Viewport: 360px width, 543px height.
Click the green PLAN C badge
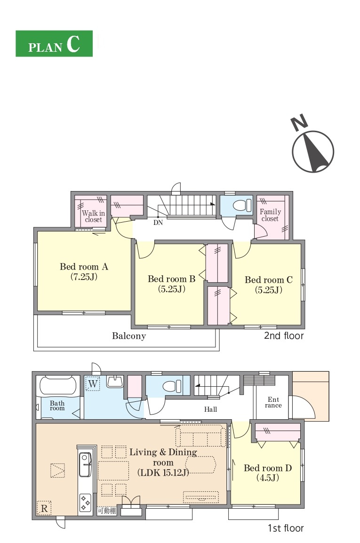[x=54, y=44]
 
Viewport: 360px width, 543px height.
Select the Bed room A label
[x=84, y=271]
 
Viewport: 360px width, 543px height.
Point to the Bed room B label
[x=171, y=284]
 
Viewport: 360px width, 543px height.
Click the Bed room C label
[x=269, y=285]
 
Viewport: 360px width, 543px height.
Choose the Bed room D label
[x=268, y=473]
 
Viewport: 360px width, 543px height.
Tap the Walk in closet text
[x=93, y=216]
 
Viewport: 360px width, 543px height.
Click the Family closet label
[x=270, y=215]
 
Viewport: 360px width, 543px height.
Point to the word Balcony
[x=129, y=336]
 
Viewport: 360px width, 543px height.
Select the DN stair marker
[x=158, y=223]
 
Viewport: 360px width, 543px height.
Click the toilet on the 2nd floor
[x=242, y=206]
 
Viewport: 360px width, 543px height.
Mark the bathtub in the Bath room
[x=58, y=385]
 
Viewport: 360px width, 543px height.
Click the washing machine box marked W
[x=93, y=383]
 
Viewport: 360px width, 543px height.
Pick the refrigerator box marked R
[x=44, y=508]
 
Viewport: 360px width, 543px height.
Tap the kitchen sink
[x=85, y=464]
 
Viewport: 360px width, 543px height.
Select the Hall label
[x=210, y=409]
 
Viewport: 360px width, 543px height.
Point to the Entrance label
[x=273, y=402]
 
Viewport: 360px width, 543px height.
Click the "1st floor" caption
[x=286, y=528]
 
